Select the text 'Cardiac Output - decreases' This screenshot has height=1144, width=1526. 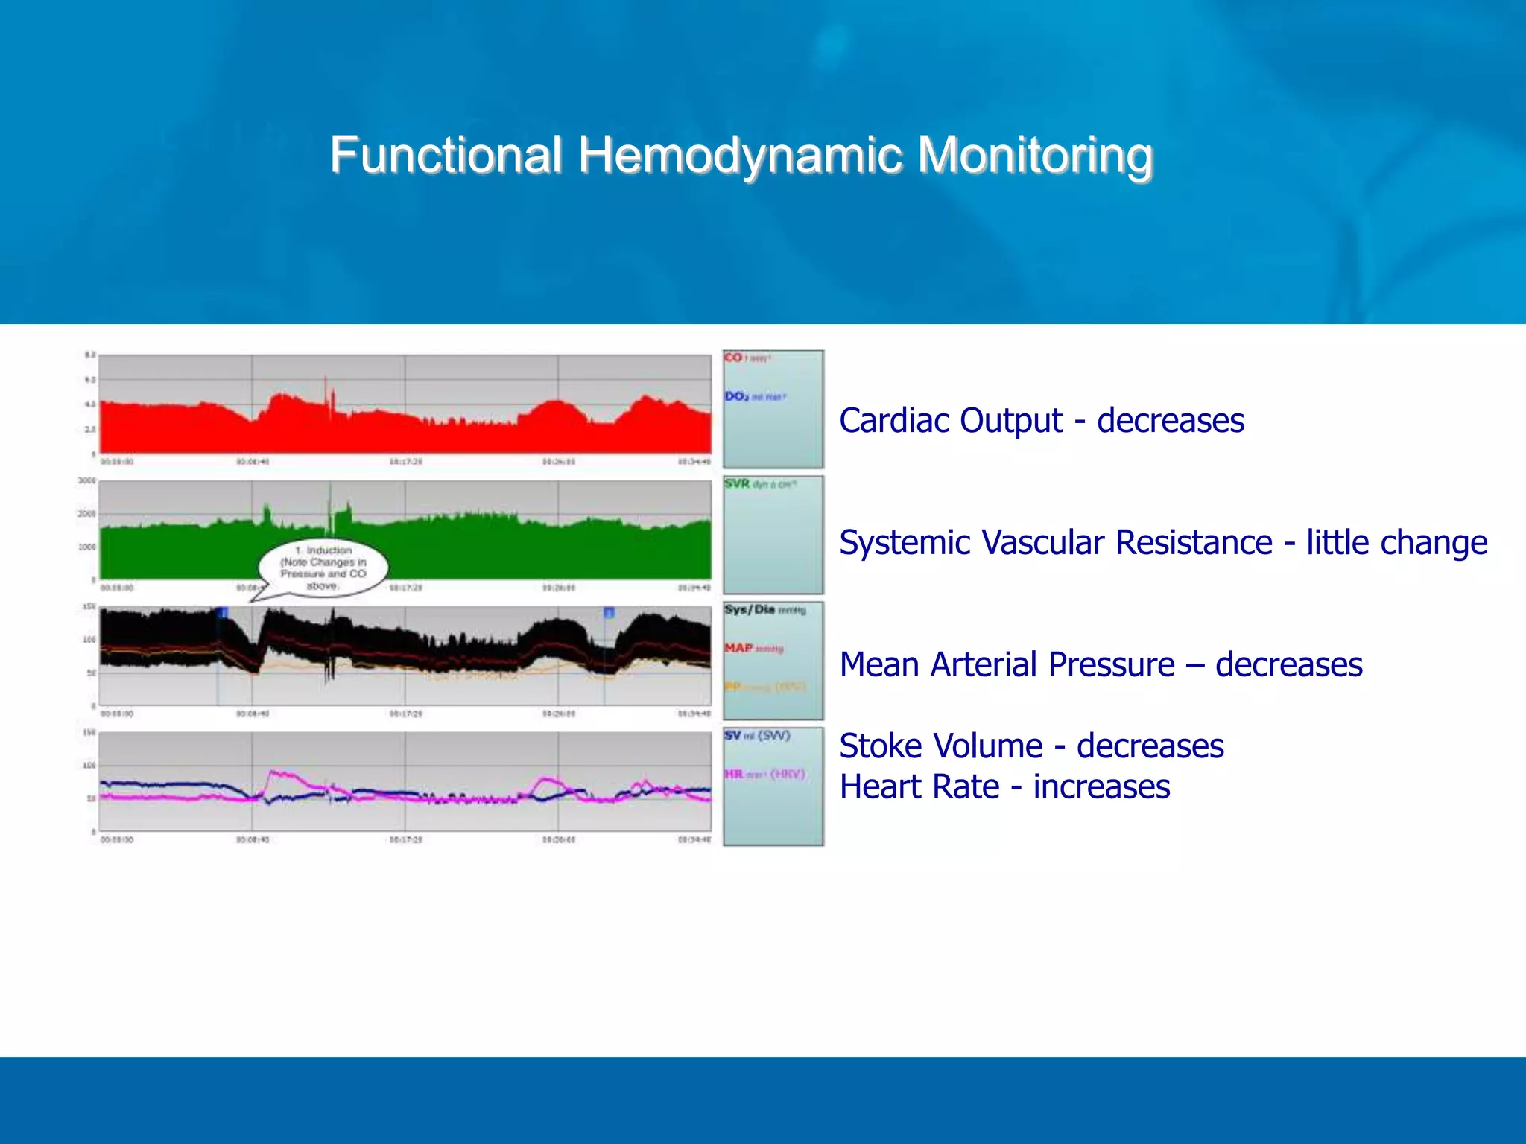[1041, 421]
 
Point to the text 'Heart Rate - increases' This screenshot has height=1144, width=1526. [1004, 787]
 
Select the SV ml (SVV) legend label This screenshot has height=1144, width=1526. [756, 736]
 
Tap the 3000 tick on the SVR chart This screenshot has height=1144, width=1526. [87, 481]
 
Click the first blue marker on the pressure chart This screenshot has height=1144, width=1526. [222, 613]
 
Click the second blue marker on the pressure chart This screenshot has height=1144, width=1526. [609, 613]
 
